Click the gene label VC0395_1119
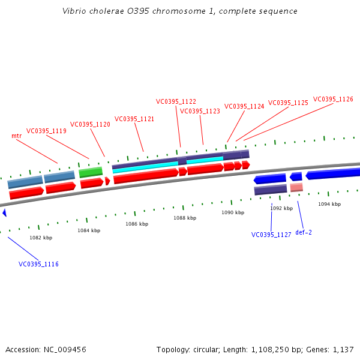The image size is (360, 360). point(46,131)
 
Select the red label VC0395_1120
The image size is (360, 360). point(90,125)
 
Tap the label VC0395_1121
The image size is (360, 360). point(134,119)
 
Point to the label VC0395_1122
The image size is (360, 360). point(176,102)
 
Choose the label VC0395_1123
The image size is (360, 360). point(200,111)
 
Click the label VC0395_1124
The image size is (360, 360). point(244,107)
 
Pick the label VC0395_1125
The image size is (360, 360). point(288,103)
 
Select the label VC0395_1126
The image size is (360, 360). point(333,100)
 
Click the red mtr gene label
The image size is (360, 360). point(17,136)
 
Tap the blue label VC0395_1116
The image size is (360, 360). point(38,264)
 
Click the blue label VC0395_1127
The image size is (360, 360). point(271,235)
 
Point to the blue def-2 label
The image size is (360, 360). point(304,232)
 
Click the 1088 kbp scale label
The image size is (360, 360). point(185,218)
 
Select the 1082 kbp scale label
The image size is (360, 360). point(41,238)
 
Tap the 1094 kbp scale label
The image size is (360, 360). point(329,205)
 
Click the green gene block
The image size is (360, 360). point(91,172)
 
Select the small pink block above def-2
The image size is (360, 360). point(296,188)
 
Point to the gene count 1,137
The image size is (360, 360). point(344,349)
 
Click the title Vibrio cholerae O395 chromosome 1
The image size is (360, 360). point(180,11)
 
